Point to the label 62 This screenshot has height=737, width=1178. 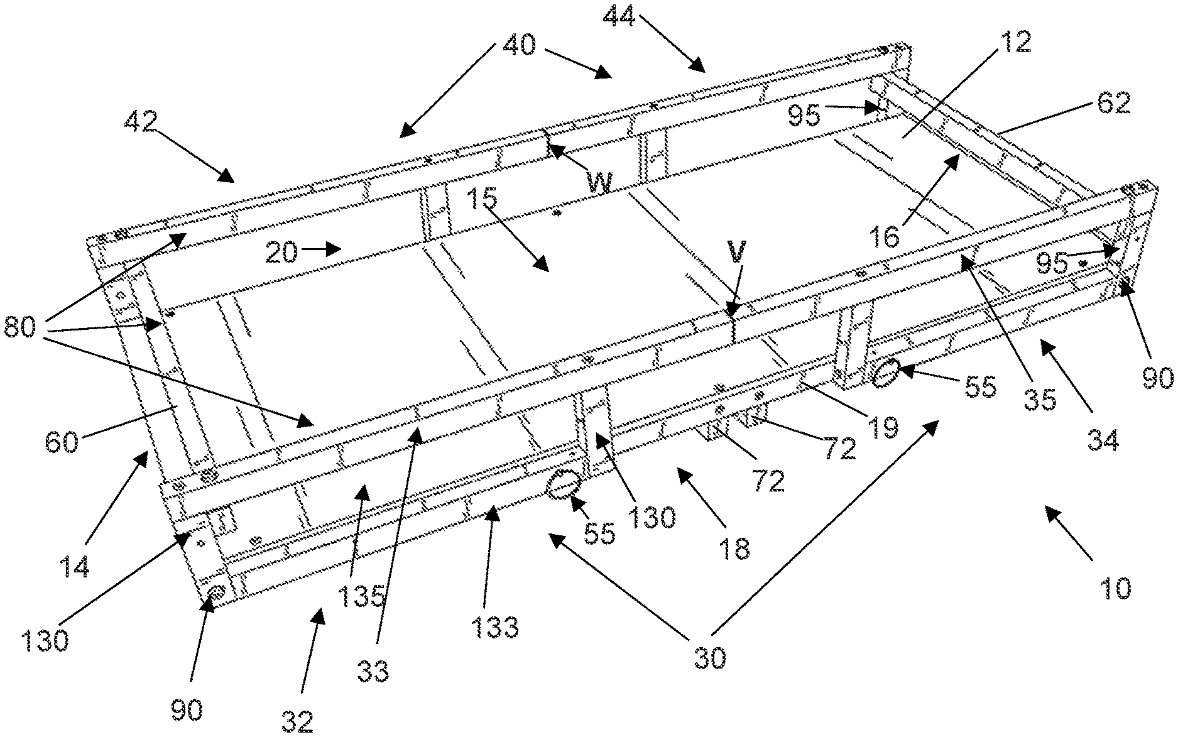(1113, 102)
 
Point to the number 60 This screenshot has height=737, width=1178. (62, 441)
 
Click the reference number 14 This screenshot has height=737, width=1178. (75, 566)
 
